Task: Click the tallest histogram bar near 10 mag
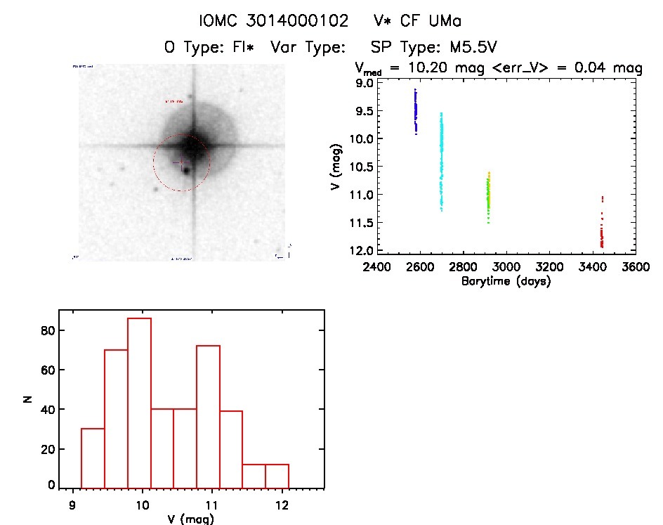[139, 403]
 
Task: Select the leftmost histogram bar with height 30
[93, 458]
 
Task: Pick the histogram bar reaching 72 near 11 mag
[208, 417]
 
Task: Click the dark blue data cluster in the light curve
[416, 111]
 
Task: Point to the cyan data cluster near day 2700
[442, 162]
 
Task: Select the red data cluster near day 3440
[602, 232]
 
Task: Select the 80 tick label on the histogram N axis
[47, 330]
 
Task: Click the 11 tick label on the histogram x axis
[212, 505]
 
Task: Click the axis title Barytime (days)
[506, 281]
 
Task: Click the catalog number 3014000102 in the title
[304, 21]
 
